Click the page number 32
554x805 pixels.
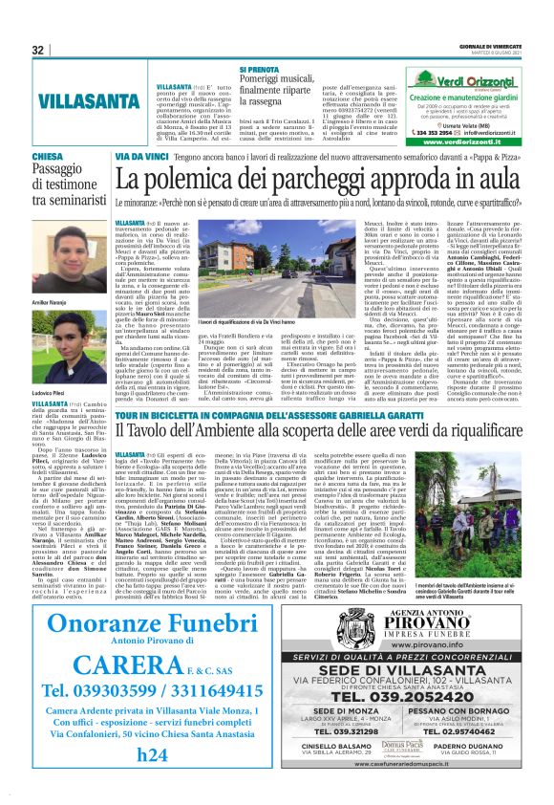[x=38, y=50]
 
